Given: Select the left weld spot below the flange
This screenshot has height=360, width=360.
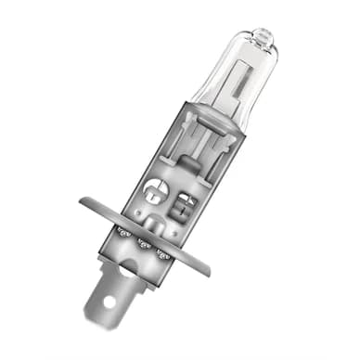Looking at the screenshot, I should click(x=121, y=230).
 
